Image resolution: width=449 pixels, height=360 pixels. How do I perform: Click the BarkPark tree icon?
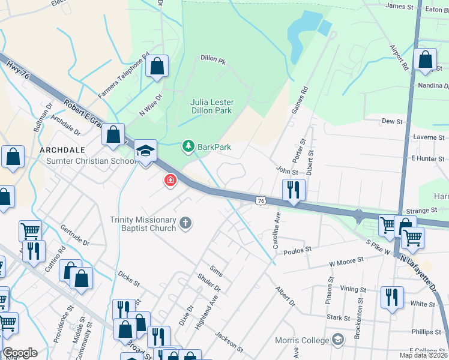(188, 146)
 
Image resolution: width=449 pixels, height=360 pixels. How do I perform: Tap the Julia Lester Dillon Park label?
(211, 106)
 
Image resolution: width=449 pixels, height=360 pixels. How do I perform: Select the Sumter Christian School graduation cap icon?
(145, 151)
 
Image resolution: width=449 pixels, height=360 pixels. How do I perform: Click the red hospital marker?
(170, 180)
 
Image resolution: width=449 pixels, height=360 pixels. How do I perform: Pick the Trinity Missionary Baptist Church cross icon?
(185, 224)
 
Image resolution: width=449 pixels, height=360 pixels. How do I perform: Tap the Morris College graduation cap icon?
(337, 340)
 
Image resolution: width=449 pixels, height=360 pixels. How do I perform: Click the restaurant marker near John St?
(294, 190)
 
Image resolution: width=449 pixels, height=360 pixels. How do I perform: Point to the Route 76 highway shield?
(260, 201)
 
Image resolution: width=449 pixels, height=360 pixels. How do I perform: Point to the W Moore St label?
(346, 261)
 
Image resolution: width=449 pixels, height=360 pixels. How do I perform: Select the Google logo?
(20, 353)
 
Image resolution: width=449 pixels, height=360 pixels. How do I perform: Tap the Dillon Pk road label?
(212, 61)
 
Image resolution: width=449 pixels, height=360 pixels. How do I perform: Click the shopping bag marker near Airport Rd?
(425, 60)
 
